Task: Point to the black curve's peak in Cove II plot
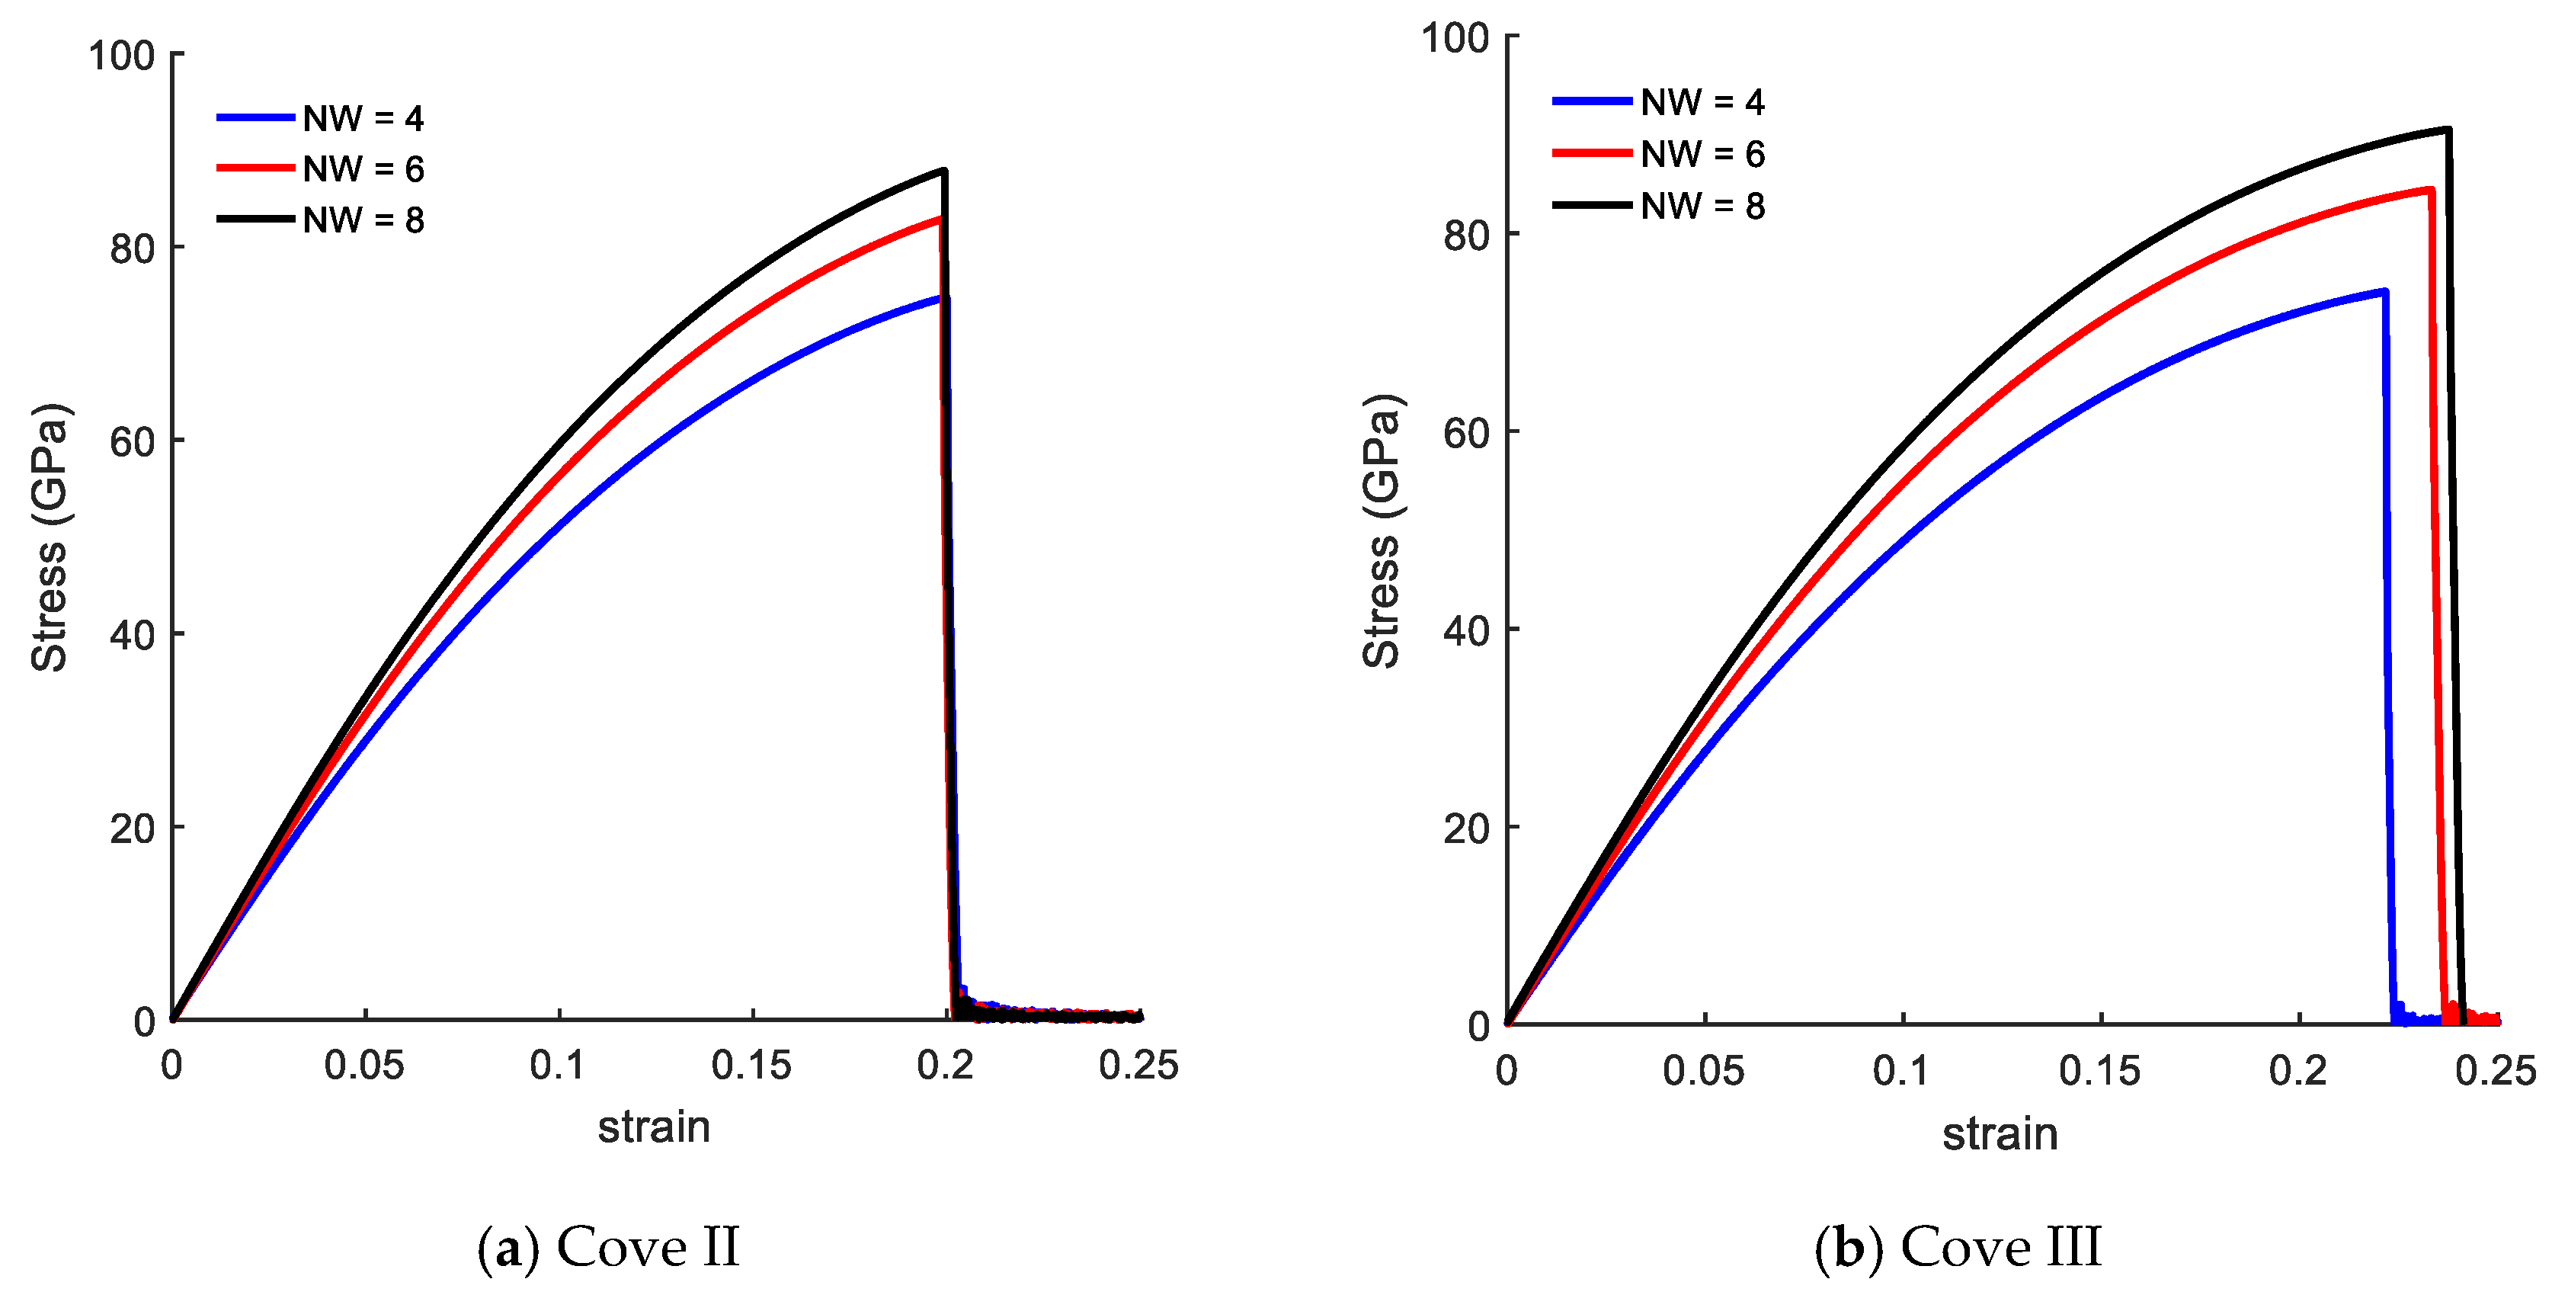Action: pyautogui.click(x=944, y=171)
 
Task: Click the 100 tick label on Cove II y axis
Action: pyautogui.click(x=122, y=56)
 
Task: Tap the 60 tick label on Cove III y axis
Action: pyautogui.click(x=1465, y=434)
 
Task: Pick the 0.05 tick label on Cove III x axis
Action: pyautogui.click(x=1703, y=1071)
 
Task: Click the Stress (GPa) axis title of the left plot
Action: pyautogui.click(x=50, y=538)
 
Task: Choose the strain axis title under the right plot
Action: pyautogui.click(x=2000, y=1133)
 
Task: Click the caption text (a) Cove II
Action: pyautogui.click(x=608, y=1246)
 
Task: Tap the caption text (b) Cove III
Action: pyautogui.click(x=1958, y=1246)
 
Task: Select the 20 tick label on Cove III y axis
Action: pyautogui.click(x=1465, y=829)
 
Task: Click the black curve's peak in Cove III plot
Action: pyautogui.click(x=2448, y=130)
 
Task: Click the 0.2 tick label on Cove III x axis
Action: pyautogui.click(x=2297, y=1071)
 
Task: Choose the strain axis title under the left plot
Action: pyautogui.click(x=654, y=1127)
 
